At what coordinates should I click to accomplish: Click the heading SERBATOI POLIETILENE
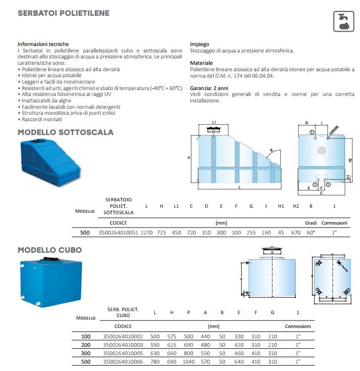click(x=63, y=13)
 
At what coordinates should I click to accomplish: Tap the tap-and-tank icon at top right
click(x=343, y=20)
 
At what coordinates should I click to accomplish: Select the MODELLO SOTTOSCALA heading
click(x=65, y=133)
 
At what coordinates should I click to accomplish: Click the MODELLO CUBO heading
click(x=49, y=250)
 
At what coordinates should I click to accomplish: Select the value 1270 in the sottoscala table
click(x=147, y=232)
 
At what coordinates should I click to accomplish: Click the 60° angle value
click(x=311, y=232)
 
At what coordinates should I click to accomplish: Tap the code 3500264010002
click(x=123, y=336)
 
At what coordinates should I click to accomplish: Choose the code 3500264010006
click(x=123, y=361)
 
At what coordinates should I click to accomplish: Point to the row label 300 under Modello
click(x=86, y=353)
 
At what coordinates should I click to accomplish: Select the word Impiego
click(x=199, y=44)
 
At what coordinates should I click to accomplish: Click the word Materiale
click(x=202, y=63)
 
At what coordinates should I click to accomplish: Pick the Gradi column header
click(x=311, y=223)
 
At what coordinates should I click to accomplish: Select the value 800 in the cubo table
click(x=188, y=353)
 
